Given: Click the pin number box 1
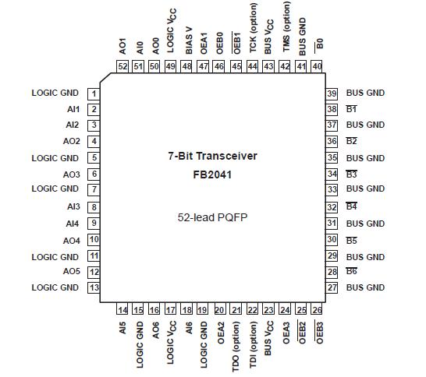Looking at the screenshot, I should (94, 93).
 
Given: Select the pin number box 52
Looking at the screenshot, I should (122, 67).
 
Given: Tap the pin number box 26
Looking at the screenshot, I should (317, 310).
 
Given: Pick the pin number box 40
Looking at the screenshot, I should (317, 67).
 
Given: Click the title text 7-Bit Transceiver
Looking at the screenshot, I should (213, 156).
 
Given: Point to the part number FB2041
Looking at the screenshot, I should (213, 174).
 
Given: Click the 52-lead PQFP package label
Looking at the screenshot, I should (213, 220).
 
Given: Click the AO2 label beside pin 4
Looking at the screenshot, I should (71, 141).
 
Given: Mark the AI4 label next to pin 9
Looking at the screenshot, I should (73, 224).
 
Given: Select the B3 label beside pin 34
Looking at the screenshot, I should (352, 174).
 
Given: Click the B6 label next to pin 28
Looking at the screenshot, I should (352, 271).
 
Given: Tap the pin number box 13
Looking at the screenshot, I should (94, 287).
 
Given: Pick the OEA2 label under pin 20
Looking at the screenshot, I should (220, 333).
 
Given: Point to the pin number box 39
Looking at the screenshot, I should (332, 93).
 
